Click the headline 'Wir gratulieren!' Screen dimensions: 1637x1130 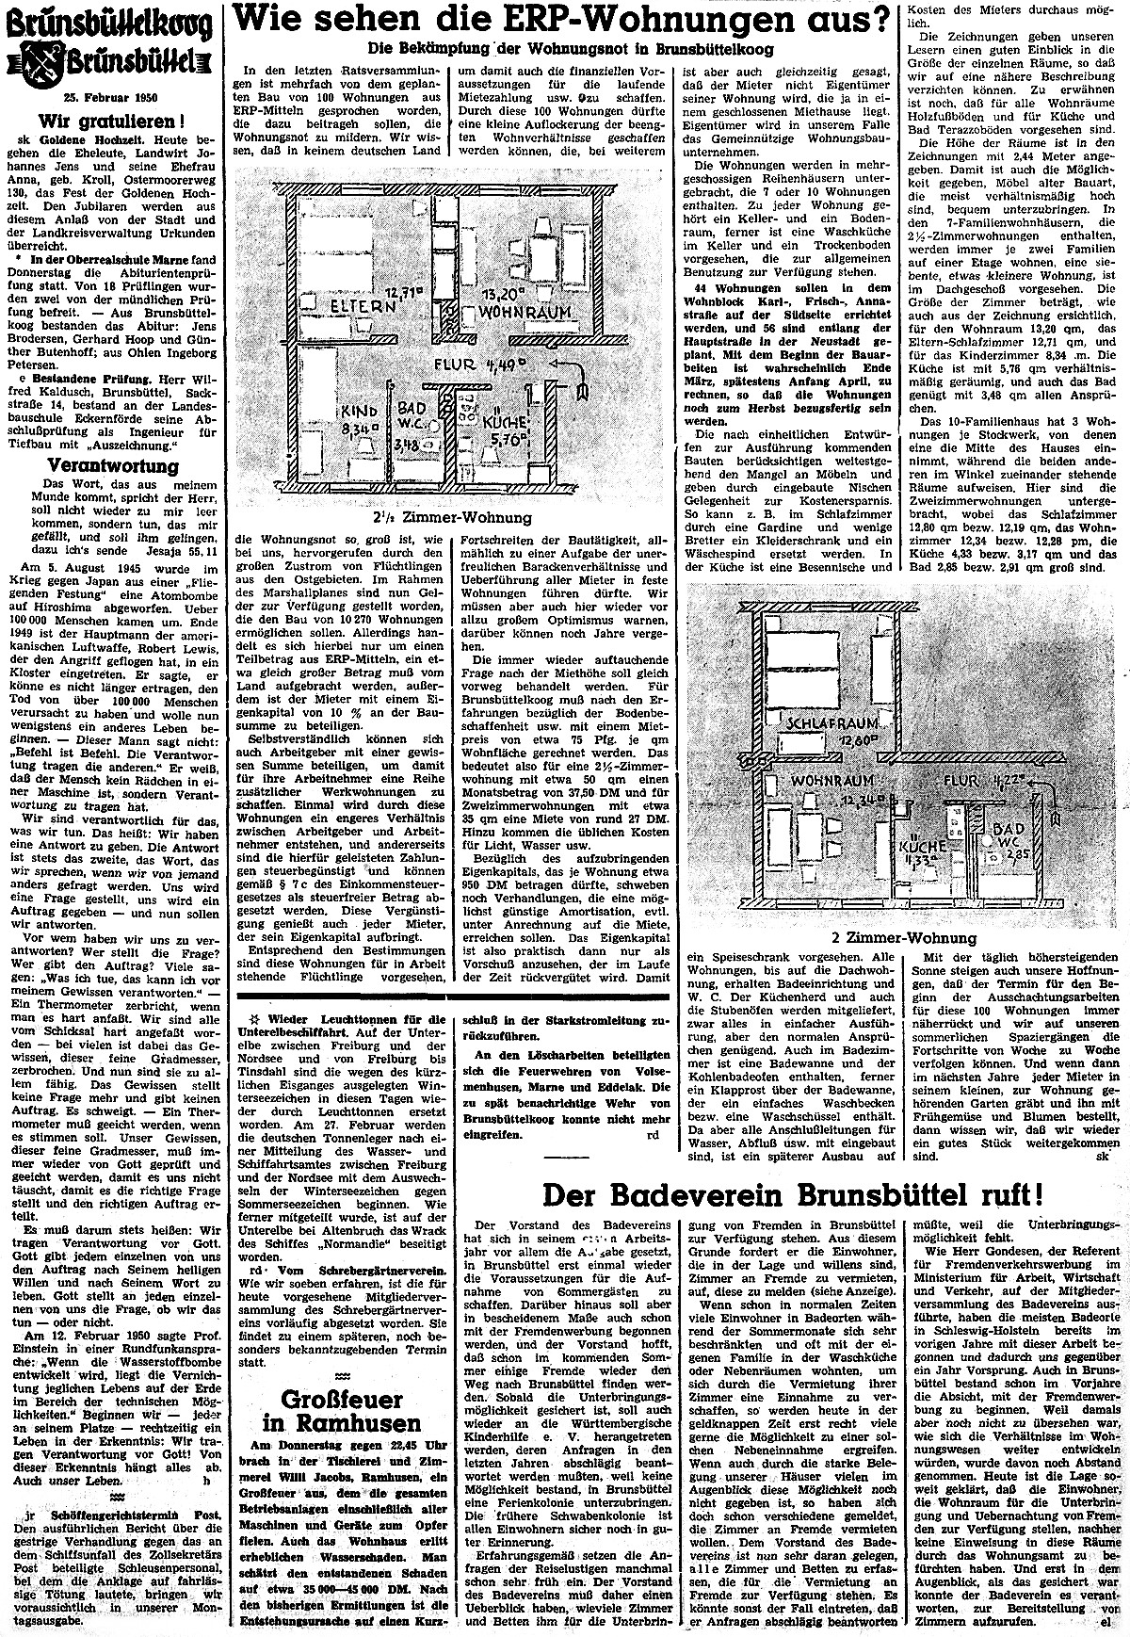click(111, 120)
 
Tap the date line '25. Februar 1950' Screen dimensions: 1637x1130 click(111, 96)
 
